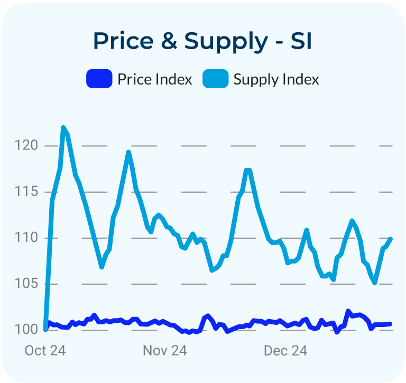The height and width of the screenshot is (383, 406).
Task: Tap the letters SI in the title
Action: click(301, 41)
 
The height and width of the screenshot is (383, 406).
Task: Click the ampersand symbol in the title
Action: click(168, 41)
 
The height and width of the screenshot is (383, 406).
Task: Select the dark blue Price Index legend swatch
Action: click(99, 79)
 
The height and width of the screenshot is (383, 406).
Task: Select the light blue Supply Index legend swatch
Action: click(216, 79)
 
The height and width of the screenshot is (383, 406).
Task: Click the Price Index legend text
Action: click(154, 79)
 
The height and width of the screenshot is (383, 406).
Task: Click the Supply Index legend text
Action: click(276, 80)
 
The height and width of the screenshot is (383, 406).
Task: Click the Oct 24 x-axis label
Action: click(45, 351)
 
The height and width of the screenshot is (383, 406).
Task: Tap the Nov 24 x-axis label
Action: click(165, 351)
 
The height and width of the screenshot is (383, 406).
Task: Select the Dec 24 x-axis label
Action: click(285, 351)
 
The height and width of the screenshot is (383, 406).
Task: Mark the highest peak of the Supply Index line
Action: click(63, 128)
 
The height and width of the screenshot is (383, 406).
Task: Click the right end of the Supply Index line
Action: click(391, 239)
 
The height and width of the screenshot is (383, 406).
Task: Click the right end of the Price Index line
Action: click(391, 324)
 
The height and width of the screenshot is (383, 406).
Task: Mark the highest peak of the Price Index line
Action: click(348, 311)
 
